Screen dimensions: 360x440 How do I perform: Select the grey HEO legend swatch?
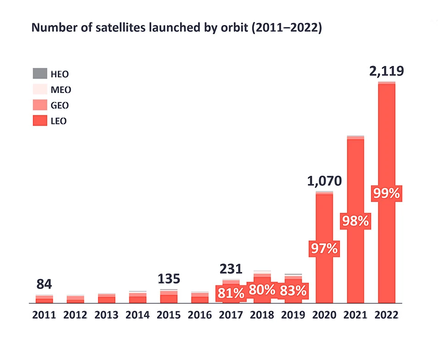pos(40,73)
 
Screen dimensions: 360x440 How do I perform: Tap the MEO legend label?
pos(60,89)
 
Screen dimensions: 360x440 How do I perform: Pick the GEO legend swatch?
pos(40,105)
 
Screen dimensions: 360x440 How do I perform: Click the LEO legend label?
pos(59,121)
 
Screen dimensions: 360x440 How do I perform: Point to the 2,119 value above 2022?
pos(387,72)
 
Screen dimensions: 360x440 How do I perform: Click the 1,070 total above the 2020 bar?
pos(324,181)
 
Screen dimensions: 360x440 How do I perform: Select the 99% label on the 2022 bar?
pos(387,194)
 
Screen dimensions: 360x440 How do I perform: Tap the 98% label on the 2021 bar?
pos(356,221)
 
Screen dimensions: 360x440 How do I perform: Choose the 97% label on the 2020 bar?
pos(324,249)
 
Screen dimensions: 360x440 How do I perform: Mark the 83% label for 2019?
pos(293,291)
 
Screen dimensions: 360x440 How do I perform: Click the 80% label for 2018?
pos(262,290)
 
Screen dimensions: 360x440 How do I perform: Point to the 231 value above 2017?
pos(231,269)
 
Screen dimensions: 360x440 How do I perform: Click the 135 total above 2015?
pos(169,278)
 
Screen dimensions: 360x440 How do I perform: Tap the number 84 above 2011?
pos(44,284)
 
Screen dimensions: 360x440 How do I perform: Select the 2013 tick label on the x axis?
pos(106,315)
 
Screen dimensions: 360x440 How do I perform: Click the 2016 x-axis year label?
pos(200,315)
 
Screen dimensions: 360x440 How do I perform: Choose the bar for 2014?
pos(137,298)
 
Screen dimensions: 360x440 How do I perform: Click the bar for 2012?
pos(75,300)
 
